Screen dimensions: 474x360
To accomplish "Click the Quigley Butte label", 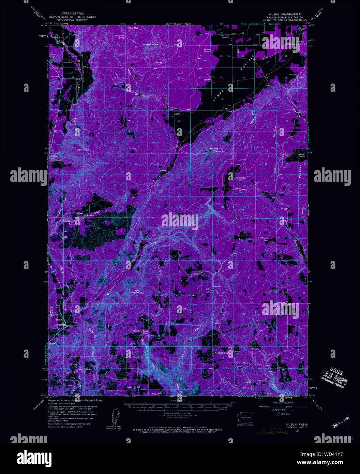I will pyautogui.click(x=152, y=44).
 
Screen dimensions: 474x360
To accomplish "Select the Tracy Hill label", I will pyautogui.click(x=156, y=394).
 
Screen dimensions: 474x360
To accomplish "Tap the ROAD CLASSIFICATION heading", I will pyautogui.click(x=283, y=402).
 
